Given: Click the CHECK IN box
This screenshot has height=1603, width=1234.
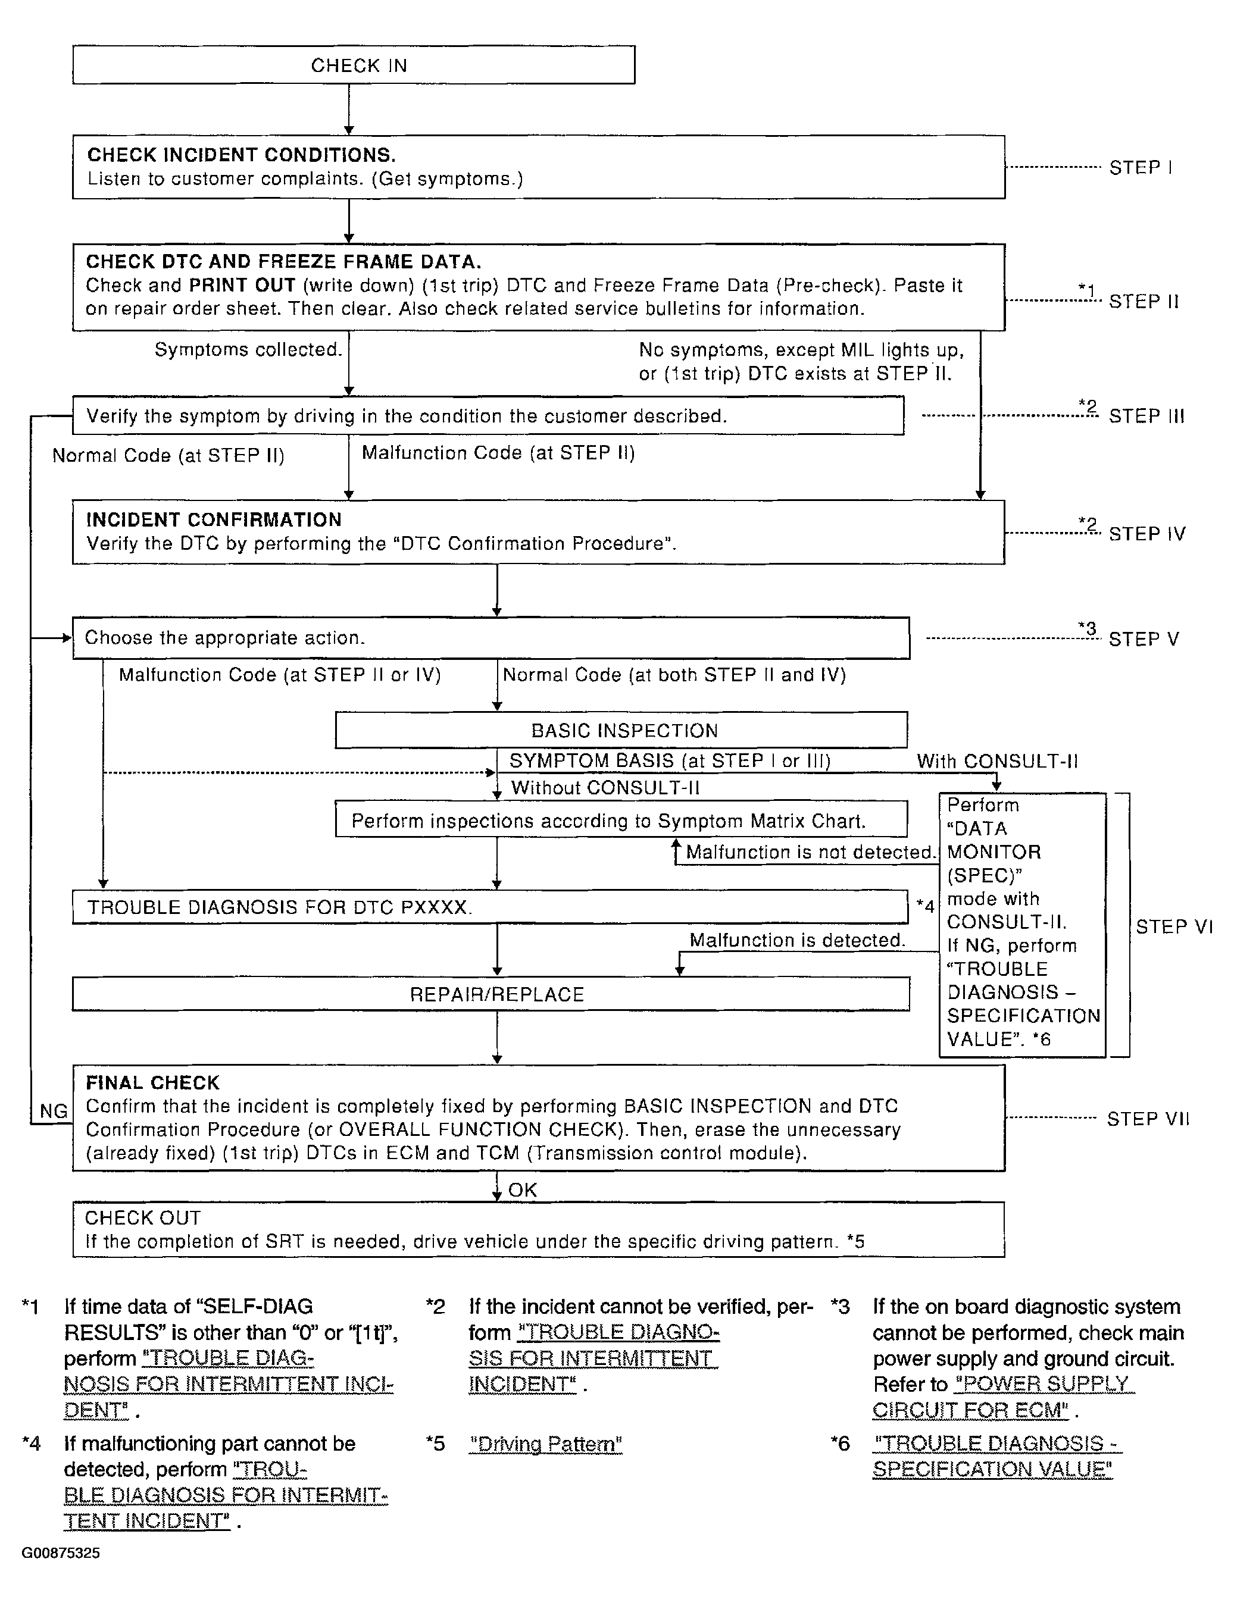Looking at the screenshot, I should (x=353, y=65).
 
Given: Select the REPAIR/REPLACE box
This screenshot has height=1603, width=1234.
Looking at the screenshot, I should (x=491, y=994).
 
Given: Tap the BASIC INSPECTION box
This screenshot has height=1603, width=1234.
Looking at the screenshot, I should (x=621, y=730).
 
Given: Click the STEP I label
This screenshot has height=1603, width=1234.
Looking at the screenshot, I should (x=1140, y=168).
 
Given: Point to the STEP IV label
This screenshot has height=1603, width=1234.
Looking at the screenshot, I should (x=1146, y=534).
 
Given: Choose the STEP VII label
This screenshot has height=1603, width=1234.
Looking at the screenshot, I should (x=1147, y=1119).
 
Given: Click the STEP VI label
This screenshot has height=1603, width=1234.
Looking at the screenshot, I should (x=1174, y=926).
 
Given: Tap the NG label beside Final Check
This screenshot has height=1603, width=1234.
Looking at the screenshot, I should (x=54, y=1112).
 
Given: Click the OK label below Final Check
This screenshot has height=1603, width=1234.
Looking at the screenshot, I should (x=523, y=1190).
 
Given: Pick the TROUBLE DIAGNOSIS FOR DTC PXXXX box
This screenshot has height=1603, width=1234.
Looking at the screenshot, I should (x=491, y=907).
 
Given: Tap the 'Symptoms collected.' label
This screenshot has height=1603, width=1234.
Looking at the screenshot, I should (x=248, y=349).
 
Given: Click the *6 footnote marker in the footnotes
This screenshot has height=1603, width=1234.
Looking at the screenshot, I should (x=840, y=1443).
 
